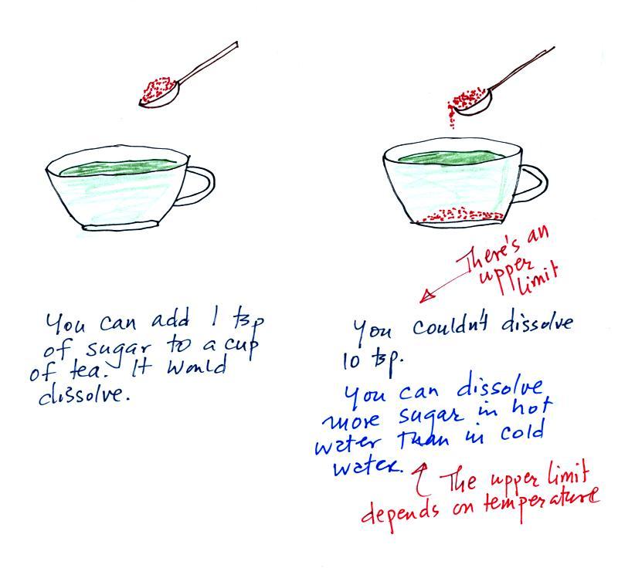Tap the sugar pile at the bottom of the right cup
point(462,214)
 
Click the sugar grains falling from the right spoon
point(451,117)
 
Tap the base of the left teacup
point(121,225)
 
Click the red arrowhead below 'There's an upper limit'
point(427,296)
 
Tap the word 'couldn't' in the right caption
point(450,327)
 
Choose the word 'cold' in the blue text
point(522,431)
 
